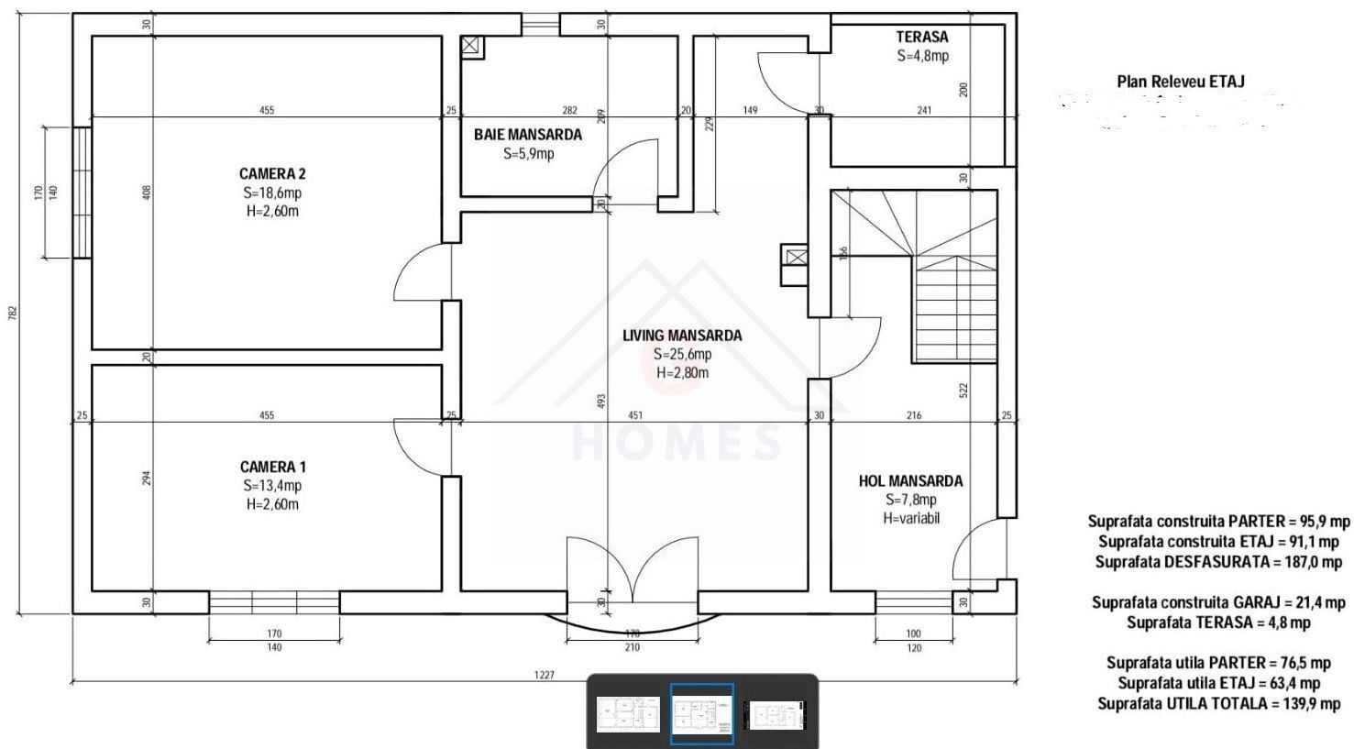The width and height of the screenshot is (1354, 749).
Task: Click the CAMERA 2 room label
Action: pyautogui.click(x=272, y=174)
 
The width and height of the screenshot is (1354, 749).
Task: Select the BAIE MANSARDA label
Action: pyautogui.click(x=527, y=135)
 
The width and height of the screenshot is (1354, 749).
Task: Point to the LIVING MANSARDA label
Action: pyautogui.click(x=682, y=336)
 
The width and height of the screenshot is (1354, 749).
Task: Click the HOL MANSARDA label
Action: pyautogui.click(x=910, y=481)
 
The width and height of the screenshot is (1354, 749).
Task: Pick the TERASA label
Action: pyautogui.click(x=921, y=38)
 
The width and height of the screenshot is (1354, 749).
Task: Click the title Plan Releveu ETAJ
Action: pyautogui.click(x=1180, y=82)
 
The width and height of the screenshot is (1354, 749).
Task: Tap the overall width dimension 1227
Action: pyautogui.click(x=545, y=675)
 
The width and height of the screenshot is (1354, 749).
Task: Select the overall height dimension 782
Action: pyautogui.click(x=13, y=313)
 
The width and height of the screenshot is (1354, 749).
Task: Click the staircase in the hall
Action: pyautogui.click(x=953, y=307)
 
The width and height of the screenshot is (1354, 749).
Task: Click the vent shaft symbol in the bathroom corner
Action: pyautogui.click(x=472, y=47)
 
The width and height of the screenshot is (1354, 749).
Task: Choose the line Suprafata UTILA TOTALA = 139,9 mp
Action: pyautogui.click(x=1218, y=703)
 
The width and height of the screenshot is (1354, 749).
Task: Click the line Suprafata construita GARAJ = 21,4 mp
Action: pyautogui.click(x=1218, y=602)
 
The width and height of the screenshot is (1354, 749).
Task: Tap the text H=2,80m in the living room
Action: pyautogui.click(x=682, y=372)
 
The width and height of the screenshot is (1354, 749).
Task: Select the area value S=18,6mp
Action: pyautogui.click(x=272, y=193)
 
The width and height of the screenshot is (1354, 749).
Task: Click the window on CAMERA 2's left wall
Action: pyautogui.click(x=83, y=193)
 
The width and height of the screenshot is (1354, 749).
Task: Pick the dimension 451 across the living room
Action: pyautogui.click(x=634, y=415)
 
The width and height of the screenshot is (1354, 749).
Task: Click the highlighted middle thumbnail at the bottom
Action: pyautogui.click(x=701, y=714)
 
